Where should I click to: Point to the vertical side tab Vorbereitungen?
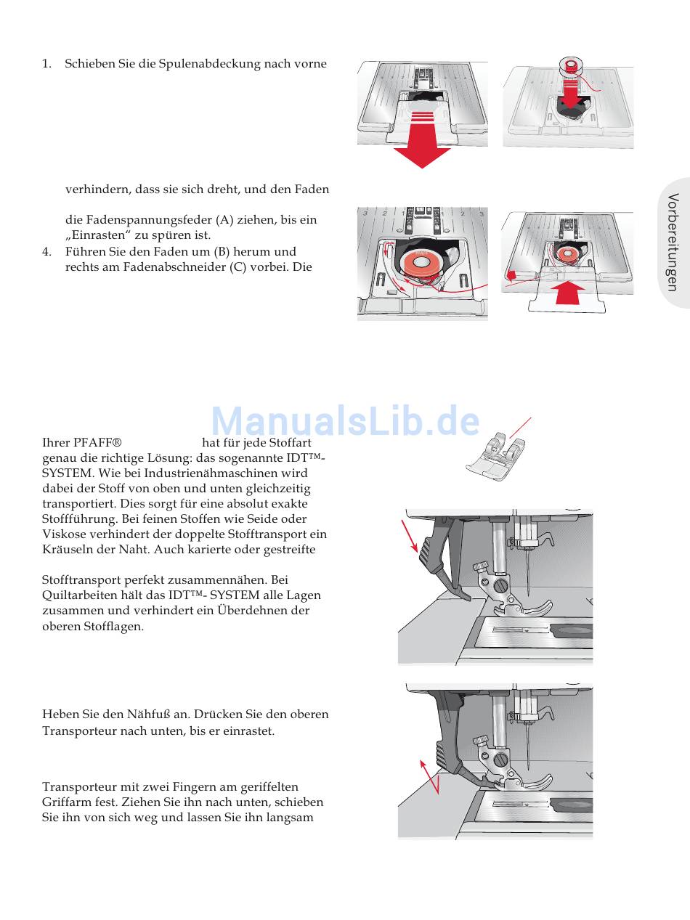(673, 243)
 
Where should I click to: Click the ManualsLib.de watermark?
(345, 420)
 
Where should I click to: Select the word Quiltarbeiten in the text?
(78, 595)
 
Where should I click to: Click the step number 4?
(46, 251)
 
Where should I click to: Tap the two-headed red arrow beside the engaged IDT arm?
(431, 775)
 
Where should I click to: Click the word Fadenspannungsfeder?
(139, 219)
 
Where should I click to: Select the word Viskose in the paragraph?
(64, 534)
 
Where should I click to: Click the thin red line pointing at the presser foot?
(521, 428)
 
